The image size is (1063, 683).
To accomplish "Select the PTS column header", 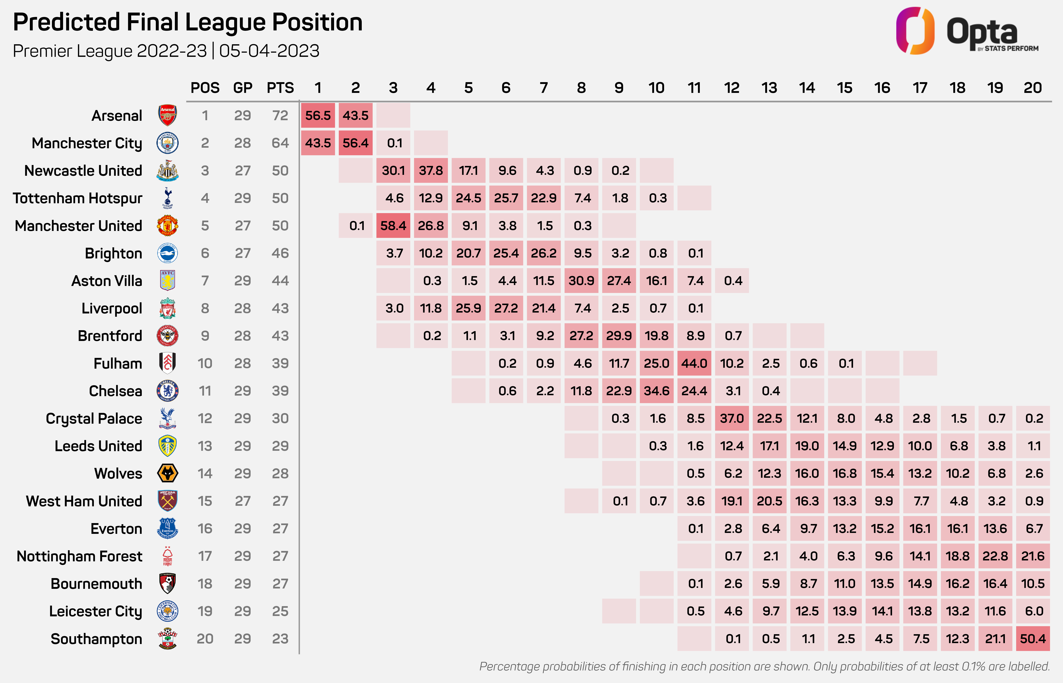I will pyautogui.click(x=280, y=88).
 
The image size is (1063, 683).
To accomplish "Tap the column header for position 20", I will pyautogui.click(x=1032, y=88).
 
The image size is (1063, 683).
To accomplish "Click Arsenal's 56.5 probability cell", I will pyautogui.click(x=318, y=115).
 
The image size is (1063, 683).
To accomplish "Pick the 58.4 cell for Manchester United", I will pyautogui.click(x=393, y=226).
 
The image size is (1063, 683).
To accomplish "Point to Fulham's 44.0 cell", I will pyautogui.click(x=694, y=363).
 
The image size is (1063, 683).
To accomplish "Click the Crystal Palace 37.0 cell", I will pyautogui.click(x=732, y=418).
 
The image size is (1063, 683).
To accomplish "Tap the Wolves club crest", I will pyautogui.click(x=168, y=473).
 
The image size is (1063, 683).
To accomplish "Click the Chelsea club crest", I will pyautogui.click(x=168, y=391).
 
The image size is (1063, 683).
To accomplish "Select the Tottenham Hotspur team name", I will pyautogui.click(x=78, y=198).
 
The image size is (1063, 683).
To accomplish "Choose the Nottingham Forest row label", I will pyautogui.click(x=79, y=556).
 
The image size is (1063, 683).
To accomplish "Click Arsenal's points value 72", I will pyautogui.click(x=280, y=115).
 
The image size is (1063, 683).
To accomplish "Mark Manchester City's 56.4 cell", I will pyautogui.click(x=355, y=143).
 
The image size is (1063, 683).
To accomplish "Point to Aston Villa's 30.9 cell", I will pyautogui.click(x=581, y=281).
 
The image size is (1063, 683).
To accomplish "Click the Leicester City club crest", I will pyautogui.click(x=168, y=611).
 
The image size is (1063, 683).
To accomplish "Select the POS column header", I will pyautogui.click(x=205, y=88).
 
